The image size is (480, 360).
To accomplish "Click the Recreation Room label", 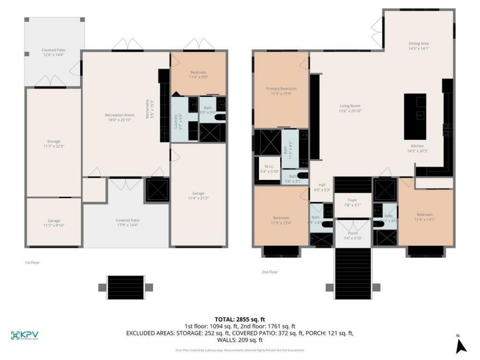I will click(x=120, y=115).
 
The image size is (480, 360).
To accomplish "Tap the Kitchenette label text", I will click(x=147, y=109).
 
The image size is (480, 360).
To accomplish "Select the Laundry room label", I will click(x=176, y=122).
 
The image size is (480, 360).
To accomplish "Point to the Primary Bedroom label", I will click(x=281, y=89).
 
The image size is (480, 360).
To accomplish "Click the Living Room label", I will click(x=350, y=105).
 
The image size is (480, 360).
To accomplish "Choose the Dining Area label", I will click(x=419, y=43).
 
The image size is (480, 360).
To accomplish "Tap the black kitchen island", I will click(x=415, y=116).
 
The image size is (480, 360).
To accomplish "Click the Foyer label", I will click(x=352, y=200).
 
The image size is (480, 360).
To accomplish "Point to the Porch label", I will click(x=353, y=233).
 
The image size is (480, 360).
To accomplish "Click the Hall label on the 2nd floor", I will click(x=322, y=185).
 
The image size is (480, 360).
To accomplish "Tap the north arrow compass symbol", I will click(x=461, y=345).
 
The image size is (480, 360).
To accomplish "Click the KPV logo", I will click(x=25, y=335).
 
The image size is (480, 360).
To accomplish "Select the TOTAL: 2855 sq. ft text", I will click(x=240, y=319).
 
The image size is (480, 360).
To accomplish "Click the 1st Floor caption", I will click(x=32, y=262).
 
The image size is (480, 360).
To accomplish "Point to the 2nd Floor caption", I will click(x=270, y=272).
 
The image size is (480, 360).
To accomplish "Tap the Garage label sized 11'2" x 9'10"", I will click(x=53, y=220).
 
